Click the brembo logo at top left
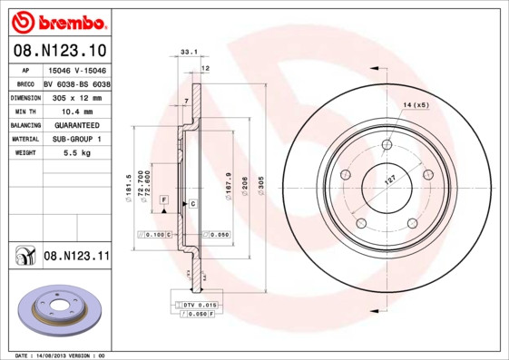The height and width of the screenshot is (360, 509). (58, 20)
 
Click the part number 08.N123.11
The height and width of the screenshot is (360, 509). (76, 258)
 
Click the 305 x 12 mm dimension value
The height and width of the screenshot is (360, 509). (76, 97)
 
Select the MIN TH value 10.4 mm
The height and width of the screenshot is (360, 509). (76, 111)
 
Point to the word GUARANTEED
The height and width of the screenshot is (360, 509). (76, 125)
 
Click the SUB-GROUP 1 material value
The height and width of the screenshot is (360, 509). (76, 139)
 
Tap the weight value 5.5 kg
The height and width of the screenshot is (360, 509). (76, 153)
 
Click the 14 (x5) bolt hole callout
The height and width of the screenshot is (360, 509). (415, 106)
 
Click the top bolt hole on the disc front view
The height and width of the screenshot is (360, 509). (387, 144)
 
